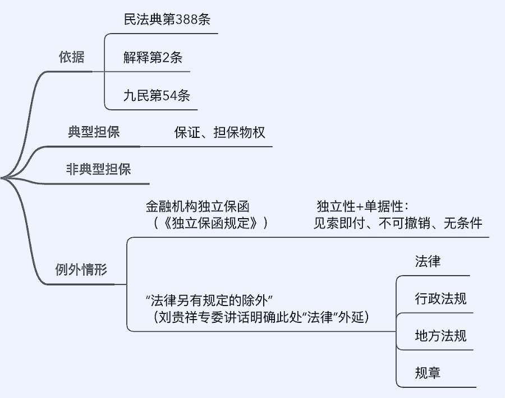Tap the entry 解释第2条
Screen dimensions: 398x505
[x=153, y=58]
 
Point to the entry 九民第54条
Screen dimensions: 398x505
[x=157, y=95]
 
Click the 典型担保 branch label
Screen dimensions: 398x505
[x=94, y=133]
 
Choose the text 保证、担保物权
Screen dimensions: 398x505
[x=219, y=133]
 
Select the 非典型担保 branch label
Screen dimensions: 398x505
[x=98, y=169]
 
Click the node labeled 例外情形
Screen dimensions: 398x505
[x=81, y=270]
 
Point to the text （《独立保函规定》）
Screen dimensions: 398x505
[x=209, y=223]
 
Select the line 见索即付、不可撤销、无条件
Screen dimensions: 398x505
[x=397, y=223]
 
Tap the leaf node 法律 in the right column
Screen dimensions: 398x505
[x=428, y=261]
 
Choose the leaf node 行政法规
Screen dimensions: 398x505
[x=440, y=299]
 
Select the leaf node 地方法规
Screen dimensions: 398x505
[x=440, y=336]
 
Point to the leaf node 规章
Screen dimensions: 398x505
[x=428, y=373]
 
